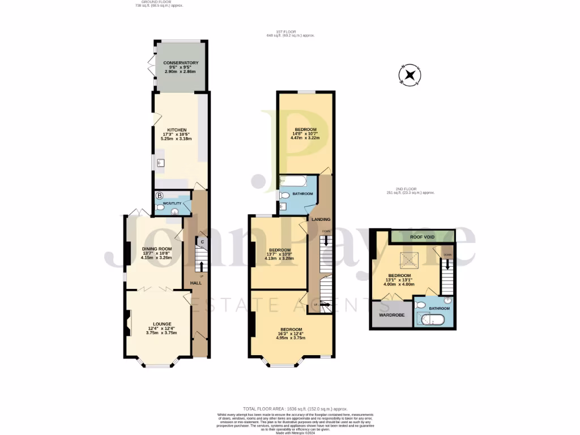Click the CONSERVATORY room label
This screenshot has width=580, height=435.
(181, 63)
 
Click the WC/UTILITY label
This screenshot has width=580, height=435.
(172, 203)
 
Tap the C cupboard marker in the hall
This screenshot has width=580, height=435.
(201, 242)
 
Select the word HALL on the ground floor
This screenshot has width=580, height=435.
(195, 283)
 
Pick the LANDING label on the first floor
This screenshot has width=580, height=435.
(321, 219)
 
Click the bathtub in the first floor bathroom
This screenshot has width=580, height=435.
(294, 182)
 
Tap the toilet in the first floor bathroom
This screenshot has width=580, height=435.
(284, 195)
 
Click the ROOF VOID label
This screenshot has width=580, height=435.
(423, 237)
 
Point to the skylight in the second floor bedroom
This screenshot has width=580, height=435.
(407, 259)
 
